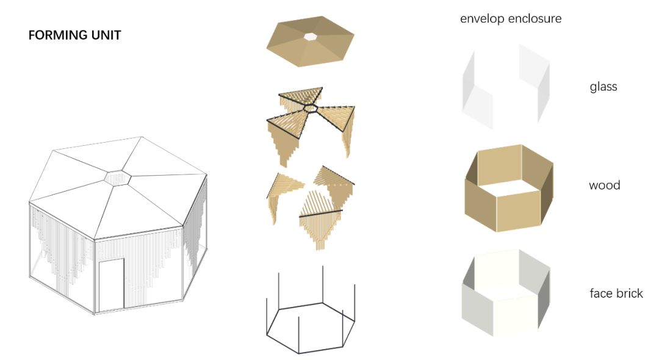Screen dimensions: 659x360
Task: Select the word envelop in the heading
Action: [x=482, y=19]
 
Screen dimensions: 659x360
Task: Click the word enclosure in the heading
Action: [x=535, y=19]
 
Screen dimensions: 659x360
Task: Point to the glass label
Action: [x=603, y=87]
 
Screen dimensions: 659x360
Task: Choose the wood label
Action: [x=604, y=185]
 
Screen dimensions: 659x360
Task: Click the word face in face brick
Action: [x=601, y=293]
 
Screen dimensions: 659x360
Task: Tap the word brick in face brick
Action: [x=630, y=293]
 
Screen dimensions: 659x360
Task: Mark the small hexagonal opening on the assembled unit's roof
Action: [x=118, y=178]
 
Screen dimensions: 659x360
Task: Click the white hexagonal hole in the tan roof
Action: [x=311, y=37]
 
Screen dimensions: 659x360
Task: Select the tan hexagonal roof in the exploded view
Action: [x=310, y=41]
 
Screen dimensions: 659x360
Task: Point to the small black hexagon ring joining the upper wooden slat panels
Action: [x=310, y=109]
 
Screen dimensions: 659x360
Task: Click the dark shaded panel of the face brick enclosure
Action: [x=544, y=299]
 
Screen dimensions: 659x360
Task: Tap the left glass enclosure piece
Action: [x=477, y=91]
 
